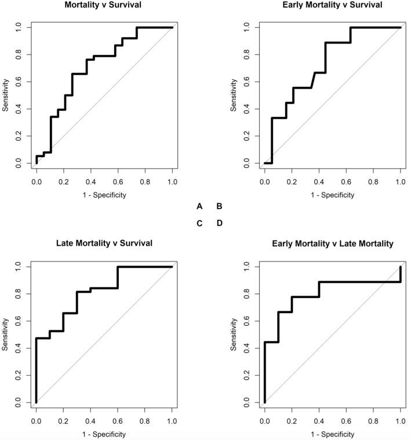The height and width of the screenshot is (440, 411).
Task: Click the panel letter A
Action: (199, 206)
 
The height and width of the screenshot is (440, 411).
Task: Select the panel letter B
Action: (219, 206)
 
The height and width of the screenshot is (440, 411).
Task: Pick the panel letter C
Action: (199, 223)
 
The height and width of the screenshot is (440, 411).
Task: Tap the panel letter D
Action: (219, 223)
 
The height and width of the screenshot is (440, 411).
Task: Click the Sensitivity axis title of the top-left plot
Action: (5, 95)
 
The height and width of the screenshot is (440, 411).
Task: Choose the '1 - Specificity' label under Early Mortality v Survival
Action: (332, 195)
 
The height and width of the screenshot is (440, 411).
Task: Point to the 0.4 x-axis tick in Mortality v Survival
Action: (90, 181)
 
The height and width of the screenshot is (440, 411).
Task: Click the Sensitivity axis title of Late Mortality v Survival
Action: (5, 334)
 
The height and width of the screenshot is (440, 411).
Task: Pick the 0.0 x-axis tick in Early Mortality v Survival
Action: (264, 181)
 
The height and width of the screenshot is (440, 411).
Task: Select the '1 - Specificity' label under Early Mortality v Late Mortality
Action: (332, 434)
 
